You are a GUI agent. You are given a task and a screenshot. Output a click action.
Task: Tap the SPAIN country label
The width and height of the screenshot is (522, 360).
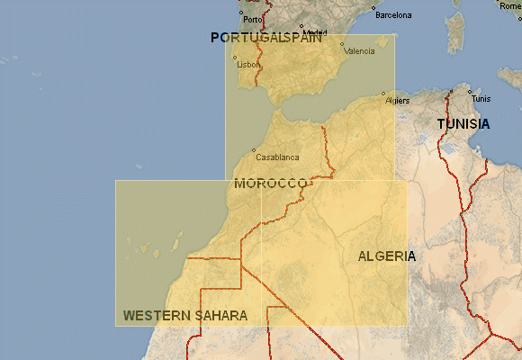299,38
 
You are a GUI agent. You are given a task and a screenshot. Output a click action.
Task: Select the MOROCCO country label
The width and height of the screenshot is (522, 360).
271,184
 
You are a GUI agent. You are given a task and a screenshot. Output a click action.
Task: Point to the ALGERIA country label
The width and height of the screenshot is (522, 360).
387,256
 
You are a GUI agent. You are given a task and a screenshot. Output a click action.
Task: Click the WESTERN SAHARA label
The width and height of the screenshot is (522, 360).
185,316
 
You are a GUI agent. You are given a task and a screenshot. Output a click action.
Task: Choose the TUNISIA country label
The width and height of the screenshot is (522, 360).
463,124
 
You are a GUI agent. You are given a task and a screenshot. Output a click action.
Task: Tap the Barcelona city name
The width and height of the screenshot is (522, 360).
393,15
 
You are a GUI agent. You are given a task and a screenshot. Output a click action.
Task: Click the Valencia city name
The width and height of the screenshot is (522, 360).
360,51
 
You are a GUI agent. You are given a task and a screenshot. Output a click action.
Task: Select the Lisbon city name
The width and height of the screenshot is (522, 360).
247,65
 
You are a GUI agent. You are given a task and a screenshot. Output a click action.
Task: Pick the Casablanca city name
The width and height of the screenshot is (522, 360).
277,157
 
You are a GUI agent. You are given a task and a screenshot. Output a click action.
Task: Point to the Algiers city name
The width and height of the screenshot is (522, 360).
397,101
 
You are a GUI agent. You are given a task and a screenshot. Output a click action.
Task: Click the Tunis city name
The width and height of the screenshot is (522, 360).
481,99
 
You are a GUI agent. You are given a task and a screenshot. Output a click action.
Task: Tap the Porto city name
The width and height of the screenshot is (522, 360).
253,19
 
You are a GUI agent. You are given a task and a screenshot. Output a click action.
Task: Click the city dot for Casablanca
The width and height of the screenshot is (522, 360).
254,150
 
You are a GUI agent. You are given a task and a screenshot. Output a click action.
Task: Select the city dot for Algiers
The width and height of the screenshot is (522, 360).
383,94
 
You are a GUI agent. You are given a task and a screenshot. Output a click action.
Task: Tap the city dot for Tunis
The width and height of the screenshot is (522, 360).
470,91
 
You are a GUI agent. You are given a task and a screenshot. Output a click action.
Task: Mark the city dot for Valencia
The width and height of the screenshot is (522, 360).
342,44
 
